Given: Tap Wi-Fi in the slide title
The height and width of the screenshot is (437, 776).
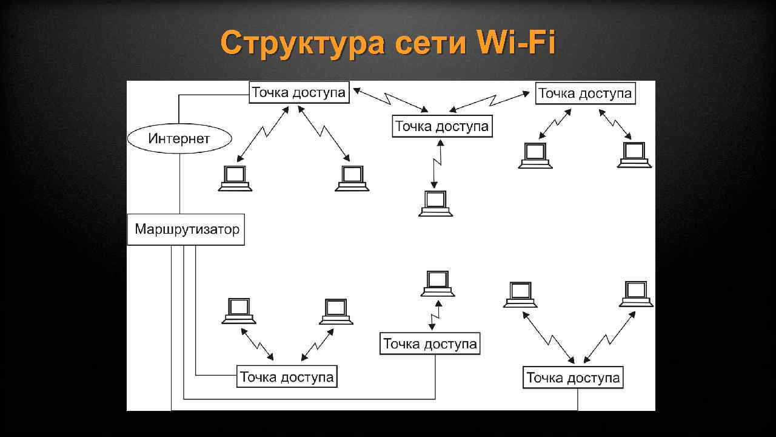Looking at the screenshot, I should pos(516,43).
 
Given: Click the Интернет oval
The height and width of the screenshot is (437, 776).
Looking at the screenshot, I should pos(179,138).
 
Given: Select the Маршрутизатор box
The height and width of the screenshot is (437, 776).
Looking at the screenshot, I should pos(186,229).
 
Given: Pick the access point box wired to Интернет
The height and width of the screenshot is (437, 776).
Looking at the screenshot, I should pos(299,93).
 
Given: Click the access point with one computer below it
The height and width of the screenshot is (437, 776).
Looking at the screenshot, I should pos(442,127).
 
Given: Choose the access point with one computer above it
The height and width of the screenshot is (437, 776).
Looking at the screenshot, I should pos(430,344).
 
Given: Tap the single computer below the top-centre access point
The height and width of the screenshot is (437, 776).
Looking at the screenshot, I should pos(435,203).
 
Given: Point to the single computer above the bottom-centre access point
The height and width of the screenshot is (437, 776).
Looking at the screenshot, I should pos(438,283).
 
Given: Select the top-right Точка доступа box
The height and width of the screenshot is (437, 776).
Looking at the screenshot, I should pos(585,93).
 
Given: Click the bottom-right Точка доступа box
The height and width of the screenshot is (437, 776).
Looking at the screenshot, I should pos(573,378).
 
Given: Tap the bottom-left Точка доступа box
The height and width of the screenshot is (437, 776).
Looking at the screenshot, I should pos(287,377).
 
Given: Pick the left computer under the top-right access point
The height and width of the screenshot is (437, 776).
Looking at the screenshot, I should pos(535,155).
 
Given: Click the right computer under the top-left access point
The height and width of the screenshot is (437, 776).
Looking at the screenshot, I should pos(352,178).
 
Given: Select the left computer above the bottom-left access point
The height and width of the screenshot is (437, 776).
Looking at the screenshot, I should pos(239,310).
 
